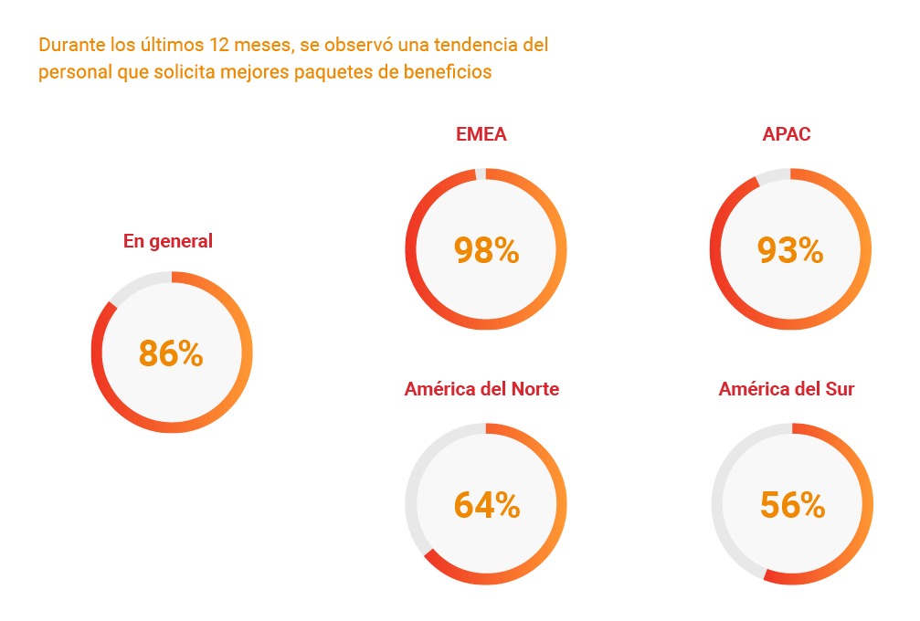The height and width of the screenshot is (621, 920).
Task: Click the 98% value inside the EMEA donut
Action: (486, 250)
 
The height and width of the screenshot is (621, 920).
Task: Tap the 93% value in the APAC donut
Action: (790, 250)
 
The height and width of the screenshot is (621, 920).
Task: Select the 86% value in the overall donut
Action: (171, 354)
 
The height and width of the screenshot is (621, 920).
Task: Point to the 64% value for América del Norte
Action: (487, 505)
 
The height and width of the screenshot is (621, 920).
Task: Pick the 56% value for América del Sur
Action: (792, 505)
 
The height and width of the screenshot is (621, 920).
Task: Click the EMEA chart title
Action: (481, 135)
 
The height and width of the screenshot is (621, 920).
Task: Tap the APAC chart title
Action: (787, 135)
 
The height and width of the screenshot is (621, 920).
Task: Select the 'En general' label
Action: (168, 242)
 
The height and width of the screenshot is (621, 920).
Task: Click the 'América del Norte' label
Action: (481, 390)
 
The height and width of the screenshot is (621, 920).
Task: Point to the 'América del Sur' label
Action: (787, 390)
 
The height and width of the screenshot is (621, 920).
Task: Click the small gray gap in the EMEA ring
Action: (481, 174)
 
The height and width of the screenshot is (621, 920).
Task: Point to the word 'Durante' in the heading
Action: (67, 45)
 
